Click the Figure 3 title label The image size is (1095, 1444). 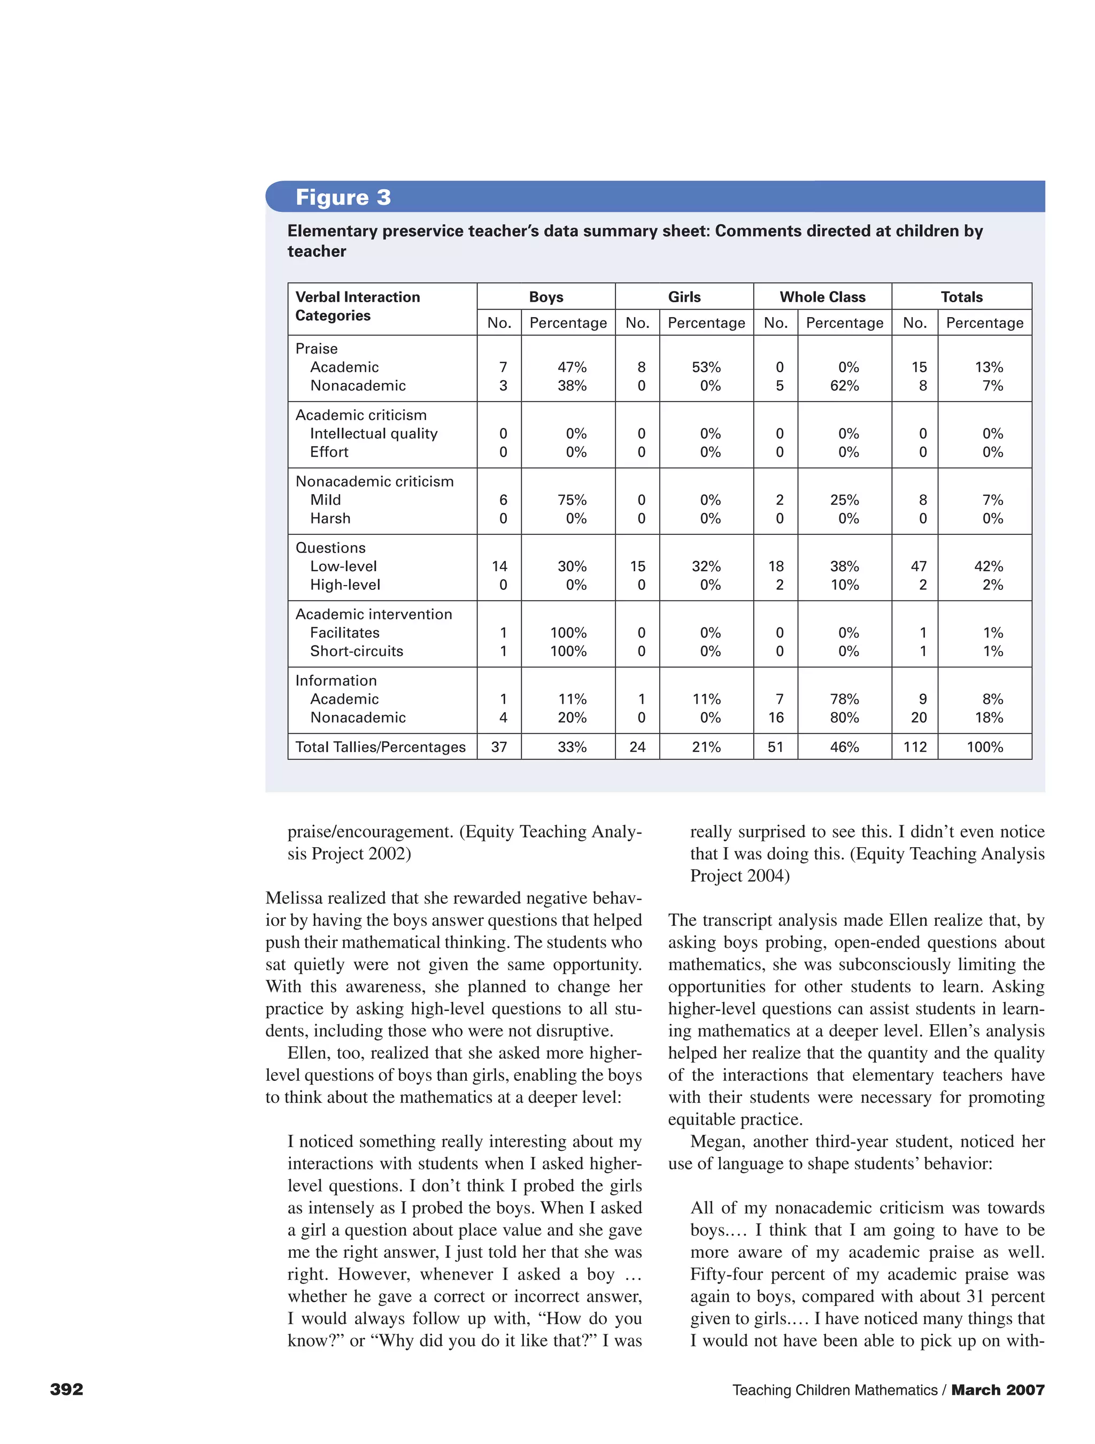pyautogui.click(x=343, y=197)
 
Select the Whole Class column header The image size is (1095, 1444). pyautogui.click(x=822, y=297)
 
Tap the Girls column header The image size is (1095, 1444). pyautogui.click(x=684, y=297)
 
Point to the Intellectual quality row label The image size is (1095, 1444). pyautogui.click(x=373, y=433)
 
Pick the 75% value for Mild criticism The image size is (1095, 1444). pyautogui.click(x=572, y=500)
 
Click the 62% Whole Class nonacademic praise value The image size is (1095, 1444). pyautogui.click(x=844, y=386)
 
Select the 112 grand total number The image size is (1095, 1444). pyautogui.click(x=914, y=747)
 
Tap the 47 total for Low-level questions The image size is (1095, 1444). pyautogui.click(x=918, y=566)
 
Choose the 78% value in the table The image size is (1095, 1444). pyautogui.click(x=844, y=699)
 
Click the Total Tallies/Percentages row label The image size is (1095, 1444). pyautogui.click(x=381, y=747)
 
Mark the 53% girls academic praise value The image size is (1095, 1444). pyautogui.click(x=706, y=367)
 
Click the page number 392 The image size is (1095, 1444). pyautogui.click(x=66, y=1389)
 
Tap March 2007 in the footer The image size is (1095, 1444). pyautogui.click(x=997, y=1390)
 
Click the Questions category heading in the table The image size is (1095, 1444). pyautogui.click(x=330, y=548)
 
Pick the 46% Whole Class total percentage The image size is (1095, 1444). pyautogui.click(x=844, y=747)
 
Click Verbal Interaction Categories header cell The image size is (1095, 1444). pyautogui.click(x=358, y=306)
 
